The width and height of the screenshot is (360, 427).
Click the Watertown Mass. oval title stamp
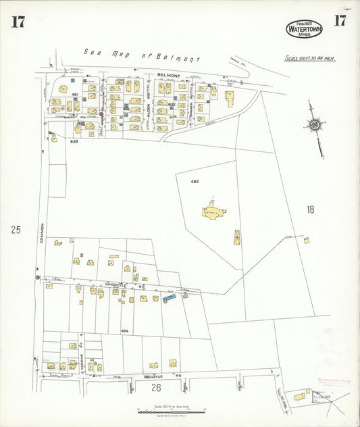(x=304, y=28)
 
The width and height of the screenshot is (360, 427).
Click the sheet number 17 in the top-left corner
(x=18, y=22)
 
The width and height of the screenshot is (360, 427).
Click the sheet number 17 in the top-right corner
(x=339, y=20)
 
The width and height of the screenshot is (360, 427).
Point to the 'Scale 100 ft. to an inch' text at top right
(x=310, y=58)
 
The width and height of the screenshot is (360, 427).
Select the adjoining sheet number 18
(x=309, y=209)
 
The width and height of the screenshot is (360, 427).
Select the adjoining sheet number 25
(x=16, y=230)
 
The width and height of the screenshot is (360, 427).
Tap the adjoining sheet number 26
(x=156, y=387)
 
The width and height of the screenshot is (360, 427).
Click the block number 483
(x=195, y=182)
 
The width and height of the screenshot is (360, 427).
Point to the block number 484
(x=125, y=331)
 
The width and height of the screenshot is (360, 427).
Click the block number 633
(x=74, y=142)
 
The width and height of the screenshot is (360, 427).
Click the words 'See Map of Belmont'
(x=142, y=55)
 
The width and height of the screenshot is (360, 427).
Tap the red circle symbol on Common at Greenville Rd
(x=37, y=277)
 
